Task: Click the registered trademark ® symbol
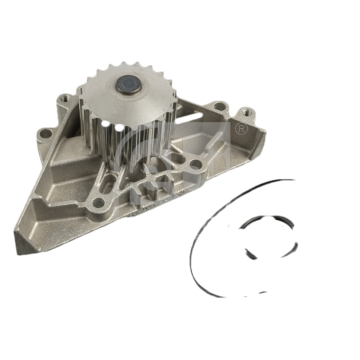tap(242, 128)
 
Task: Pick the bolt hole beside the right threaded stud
tap(219, 107)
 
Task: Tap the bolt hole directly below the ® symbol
tap(195, 165)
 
